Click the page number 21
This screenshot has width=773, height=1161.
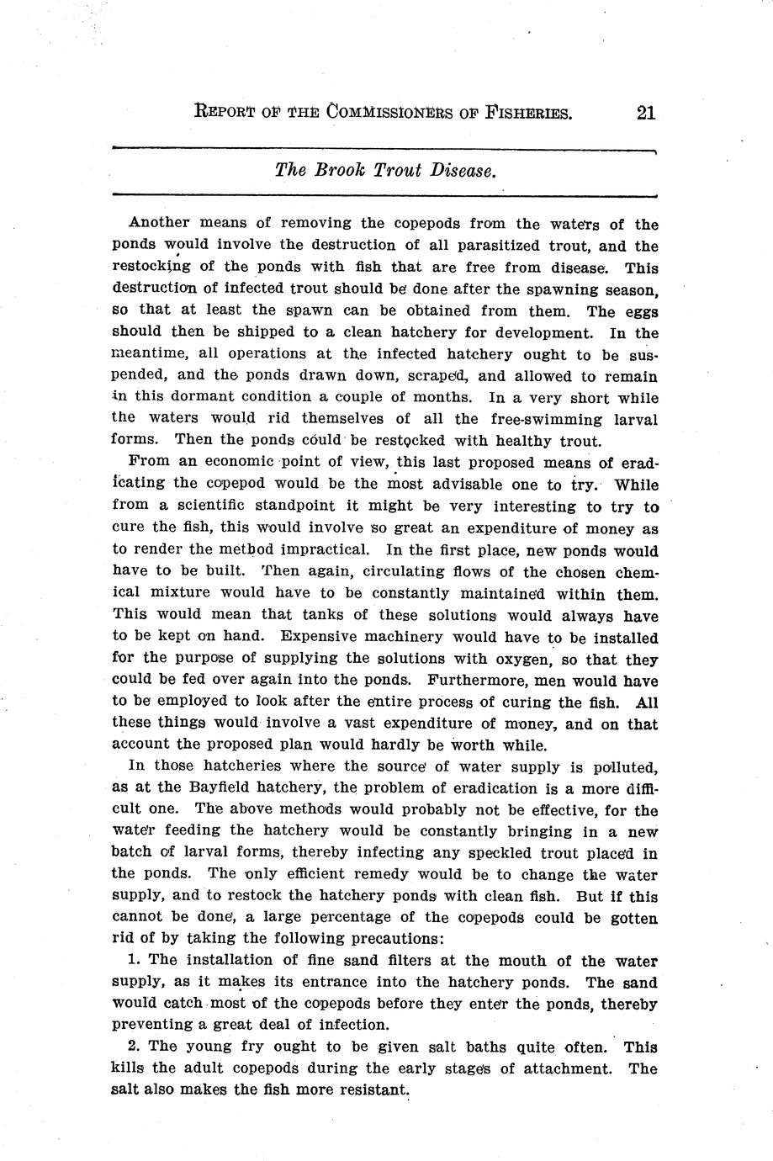point(646,113)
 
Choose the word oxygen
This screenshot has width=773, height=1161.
point(518,660)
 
